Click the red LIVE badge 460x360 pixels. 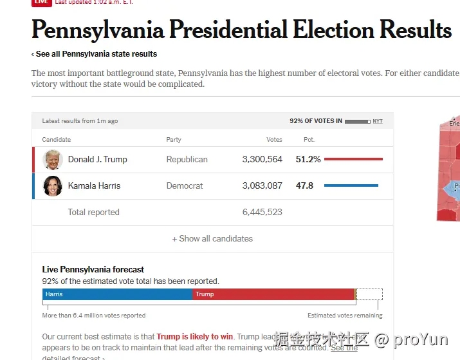(x=41, y=3)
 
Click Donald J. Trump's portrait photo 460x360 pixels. (x=53, y=160)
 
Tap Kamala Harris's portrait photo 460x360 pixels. (x=53, y=186)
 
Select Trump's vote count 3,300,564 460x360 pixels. (x=262, y=160)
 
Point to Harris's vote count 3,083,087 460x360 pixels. (x=262, y=186)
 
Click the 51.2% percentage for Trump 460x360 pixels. (x=308, y=160)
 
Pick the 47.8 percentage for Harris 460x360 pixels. (x=304, y=186)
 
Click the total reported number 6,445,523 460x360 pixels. (x=262, y=213)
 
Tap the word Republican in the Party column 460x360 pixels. (x=187, y=160)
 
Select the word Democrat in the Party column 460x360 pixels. (x=184, y=186)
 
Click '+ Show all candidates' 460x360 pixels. (x=212, y=239)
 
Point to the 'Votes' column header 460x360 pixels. (x=274, y=140)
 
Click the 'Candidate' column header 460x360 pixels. (x=57, y=140)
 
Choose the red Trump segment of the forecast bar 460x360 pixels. (x=273, y=294)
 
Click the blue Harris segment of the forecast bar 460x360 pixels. (x=118, y=294)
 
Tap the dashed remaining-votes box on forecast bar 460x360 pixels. (x=370, y=294)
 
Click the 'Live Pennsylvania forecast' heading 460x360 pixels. (x=93, y=270)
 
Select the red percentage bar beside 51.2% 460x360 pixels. (x=353, y=159)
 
